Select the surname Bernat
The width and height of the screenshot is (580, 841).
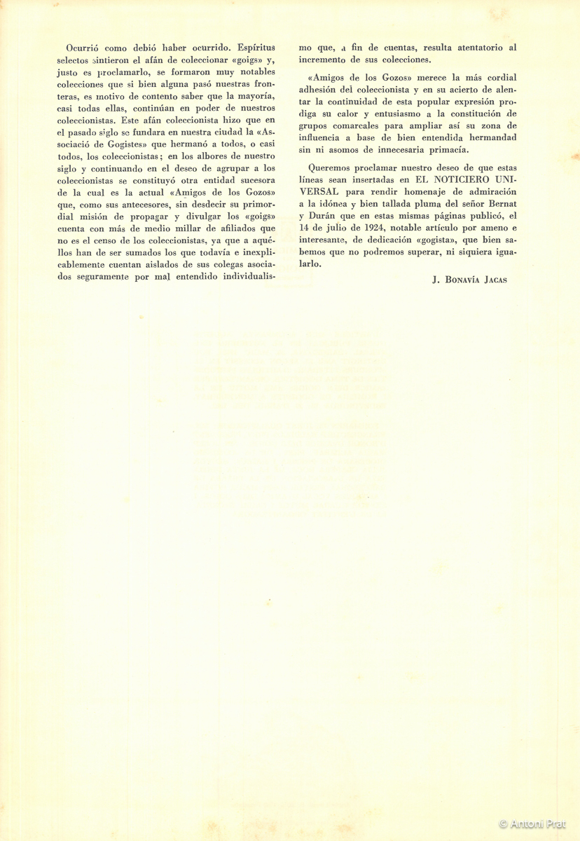(x=499, y=204)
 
